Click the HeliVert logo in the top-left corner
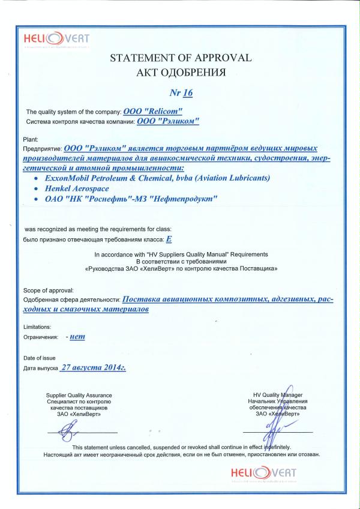(56, 40)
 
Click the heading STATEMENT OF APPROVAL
(180, 58)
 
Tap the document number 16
(180, 93)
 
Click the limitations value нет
(77, 337)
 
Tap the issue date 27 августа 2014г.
(94, 367)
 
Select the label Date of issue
(39, 358)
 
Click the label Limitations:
(37, 327)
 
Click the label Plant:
(30, 139)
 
